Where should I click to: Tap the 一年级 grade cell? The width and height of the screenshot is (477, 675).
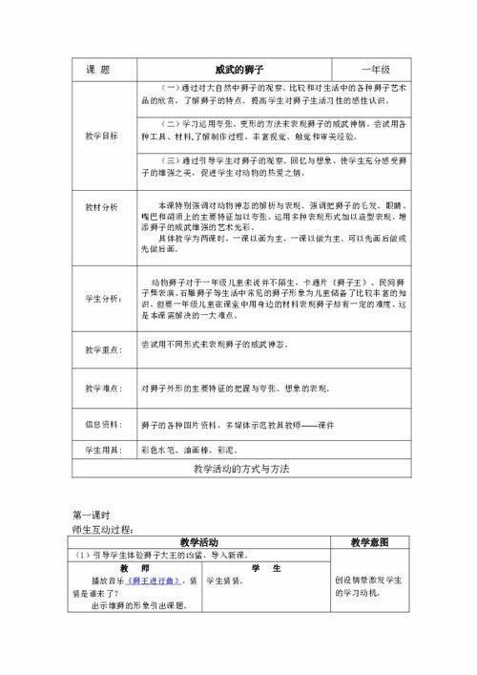374,70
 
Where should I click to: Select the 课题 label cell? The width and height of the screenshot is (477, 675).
99,70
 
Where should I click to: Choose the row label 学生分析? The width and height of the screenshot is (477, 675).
103,300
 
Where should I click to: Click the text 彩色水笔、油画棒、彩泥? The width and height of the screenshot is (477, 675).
188,449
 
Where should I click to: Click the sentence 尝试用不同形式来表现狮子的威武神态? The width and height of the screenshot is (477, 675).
217,344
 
